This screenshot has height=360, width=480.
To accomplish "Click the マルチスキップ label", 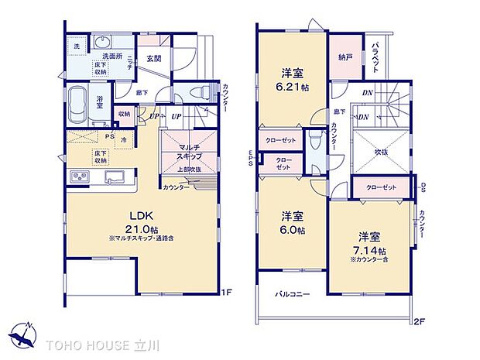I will point(189,151).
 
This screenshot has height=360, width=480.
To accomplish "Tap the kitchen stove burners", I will point(80,177).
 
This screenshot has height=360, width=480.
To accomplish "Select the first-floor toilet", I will point(203,90).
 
